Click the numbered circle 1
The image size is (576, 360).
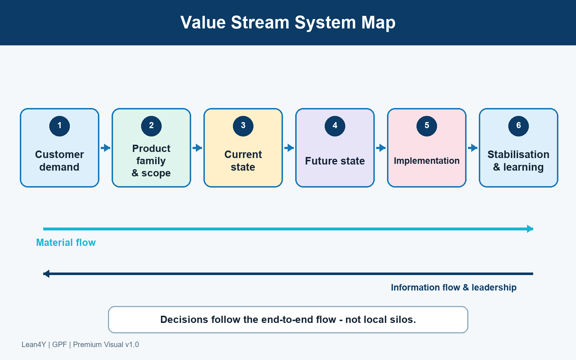(x=59, y=126)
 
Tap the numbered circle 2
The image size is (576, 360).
(x=151, y=126)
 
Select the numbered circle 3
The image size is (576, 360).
(x=243, y=126)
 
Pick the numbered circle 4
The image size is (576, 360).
(x=335, y=126)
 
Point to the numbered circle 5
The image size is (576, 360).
(x=427, y=126)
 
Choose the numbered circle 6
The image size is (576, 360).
(x=518, y=126)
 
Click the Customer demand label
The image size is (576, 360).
(x=59, y=161)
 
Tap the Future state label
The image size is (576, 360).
(x=335, y=161)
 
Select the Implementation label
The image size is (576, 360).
(x=427, y=161)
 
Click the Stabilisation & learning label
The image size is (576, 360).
(x=518, y=161)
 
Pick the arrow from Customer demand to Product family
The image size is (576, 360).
(x=105, y=148)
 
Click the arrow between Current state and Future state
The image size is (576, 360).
(x=289, y=148)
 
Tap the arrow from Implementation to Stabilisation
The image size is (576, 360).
(x=473, y=148)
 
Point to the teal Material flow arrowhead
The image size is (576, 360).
(x=530, y=229)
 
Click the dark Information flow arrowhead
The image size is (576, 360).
(x=46, y=274)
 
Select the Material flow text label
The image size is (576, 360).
(x=66, y=243)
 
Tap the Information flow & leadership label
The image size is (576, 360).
(x=454, y=288)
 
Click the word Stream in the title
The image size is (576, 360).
(x=260, y=22)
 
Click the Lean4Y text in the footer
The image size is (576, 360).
(x=34, y=345)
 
